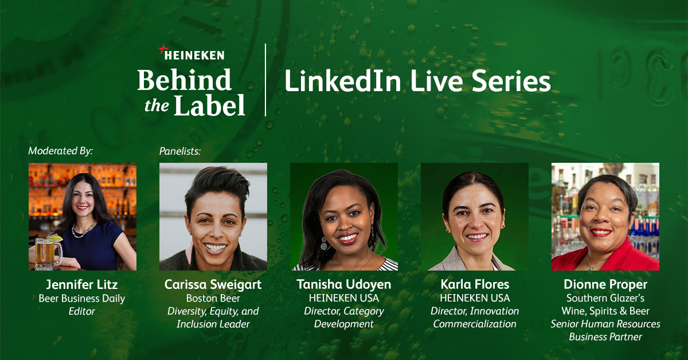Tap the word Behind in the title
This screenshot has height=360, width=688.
click(x=184, y=81)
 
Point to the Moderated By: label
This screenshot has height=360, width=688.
click(x=60, y=151)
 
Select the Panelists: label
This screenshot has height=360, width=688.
click(x=180, y=151)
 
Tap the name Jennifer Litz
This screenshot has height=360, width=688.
click(x=82, y=284)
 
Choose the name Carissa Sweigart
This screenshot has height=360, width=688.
click(x=213, y=284)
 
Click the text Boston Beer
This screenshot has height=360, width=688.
click(x=213, y=298)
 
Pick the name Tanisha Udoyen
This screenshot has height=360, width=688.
click(x=343, y=284)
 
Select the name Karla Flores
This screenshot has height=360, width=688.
click(x=474, y=284)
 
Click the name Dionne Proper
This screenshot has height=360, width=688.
click(x=605, y=284)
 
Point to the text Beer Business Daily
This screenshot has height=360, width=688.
click(x=82, y=298)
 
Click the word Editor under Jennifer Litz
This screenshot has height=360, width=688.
click(x=82, y=311)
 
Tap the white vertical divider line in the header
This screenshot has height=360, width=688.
click(x=265, y=80)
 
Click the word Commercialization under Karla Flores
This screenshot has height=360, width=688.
click(x=474, y=324)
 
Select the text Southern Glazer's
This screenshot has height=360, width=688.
click(x=605, y=298)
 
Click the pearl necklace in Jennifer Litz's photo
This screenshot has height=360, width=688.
click(x=84, y=230)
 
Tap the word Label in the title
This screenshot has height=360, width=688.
click(x=209, y=106)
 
